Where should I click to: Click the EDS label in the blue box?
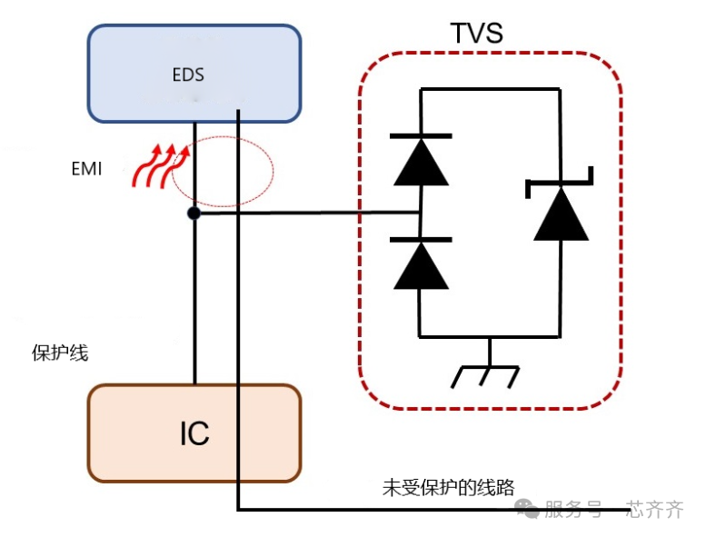click(x=188, y=75)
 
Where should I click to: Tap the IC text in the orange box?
click(x=194, y=433)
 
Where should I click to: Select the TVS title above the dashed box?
click(x=476, y=34)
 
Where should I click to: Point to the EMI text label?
click(x=87, y=169)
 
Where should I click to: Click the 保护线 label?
click(x=60, y=353)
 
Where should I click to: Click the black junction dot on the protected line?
click(x=194, y=214)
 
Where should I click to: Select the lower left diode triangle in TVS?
click(x=420, y=265)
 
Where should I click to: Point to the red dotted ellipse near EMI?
click(x=223, y=171)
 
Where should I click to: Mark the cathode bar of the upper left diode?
click(x=420, y=136)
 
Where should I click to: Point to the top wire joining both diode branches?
click(x=490, y=89)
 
